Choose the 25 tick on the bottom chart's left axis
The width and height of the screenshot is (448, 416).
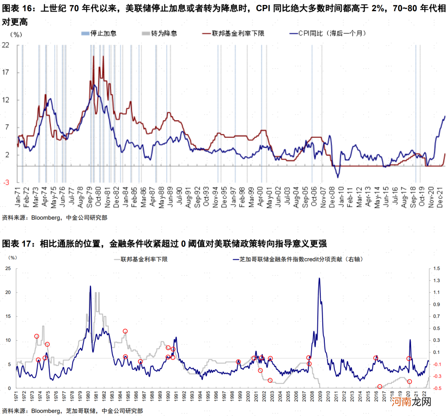pyautogui.click(x=8, y=268)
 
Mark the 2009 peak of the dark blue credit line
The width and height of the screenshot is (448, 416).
pyautogui.click(x=319, y=278)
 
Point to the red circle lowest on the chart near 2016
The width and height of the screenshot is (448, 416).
pyautogui.click(x=380, y=387)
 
